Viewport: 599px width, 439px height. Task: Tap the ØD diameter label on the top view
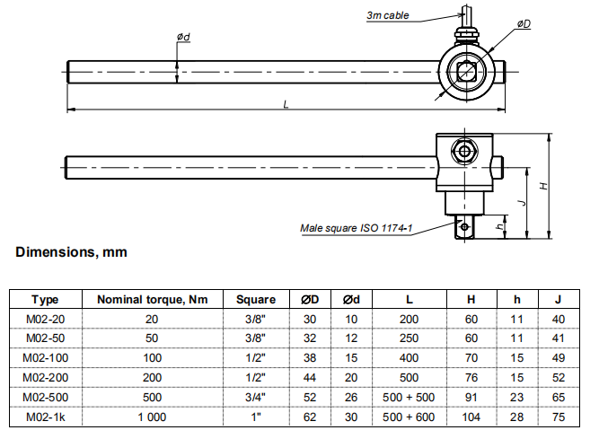click(523, 24)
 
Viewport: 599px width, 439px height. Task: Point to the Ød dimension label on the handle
click(183, 37)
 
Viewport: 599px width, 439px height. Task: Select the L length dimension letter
click(286, 105)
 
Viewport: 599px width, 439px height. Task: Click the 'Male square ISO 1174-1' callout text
click(356, 228)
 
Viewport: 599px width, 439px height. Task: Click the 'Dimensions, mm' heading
click(72, 252)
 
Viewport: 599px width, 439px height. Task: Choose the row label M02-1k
click(45, 417)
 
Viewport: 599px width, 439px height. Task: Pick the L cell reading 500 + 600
click(408, 417)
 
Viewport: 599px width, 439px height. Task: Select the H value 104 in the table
click(471, 417)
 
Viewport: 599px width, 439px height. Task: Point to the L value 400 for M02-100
click(408, 357)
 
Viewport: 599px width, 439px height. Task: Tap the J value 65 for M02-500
click(558, 398)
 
